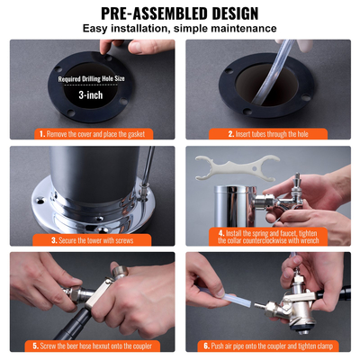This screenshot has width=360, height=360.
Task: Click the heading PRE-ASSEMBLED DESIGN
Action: point(180,13)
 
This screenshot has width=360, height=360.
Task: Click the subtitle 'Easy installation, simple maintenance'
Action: point(180,30)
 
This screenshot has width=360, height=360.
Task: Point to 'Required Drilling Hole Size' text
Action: point(90,78)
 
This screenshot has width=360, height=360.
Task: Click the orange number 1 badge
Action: point(41,133)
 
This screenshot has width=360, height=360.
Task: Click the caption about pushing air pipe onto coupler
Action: point(274,346)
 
